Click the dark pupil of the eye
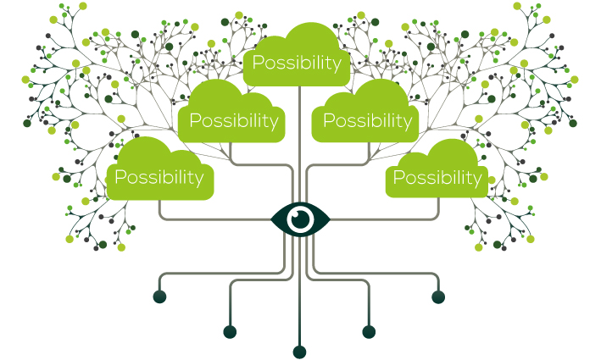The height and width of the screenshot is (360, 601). [300, 219]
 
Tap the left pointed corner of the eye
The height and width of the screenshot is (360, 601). [270, 219]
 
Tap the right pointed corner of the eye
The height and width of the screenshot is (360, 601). [330, 219]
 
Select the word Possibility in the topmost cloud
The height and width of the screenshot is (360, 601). [297, 63]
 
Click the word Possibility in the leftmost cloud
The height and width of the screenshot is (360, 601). [159, 177]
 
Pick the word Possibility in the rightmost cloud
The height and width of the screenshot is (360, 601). [437, 178]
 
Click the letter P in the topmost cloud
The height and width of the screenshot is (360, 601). [259, 62]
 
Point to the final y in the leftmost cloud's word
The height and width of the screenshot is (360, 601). [199, 180]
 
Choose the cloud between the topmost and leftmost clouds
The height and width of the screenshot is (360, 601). [231, 112]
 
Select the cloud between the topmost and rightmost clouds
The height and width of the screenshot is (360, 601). [365, 112]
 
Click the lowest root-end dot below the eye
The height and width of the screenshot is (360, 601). [300, 352]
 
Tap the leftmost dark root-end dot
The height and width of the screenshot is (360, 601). [160, 296]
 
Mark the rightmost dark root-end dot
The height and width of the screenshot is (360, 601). [438, 296]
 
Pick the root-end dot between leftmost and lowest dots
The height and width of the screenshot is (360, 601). [230, 332]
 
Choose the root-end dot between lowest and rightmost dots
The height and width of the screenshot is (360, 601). [369, 332]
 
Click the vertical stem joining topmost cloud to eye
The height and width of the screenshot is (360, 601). [300, 144]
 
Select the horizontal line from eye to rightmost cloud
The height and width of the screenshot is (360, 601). [383, 219]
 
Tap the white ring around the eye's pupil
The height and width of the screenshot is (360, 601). [300, 210]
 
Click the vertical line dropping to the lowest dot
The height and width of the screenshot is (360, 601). [300, 291]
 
